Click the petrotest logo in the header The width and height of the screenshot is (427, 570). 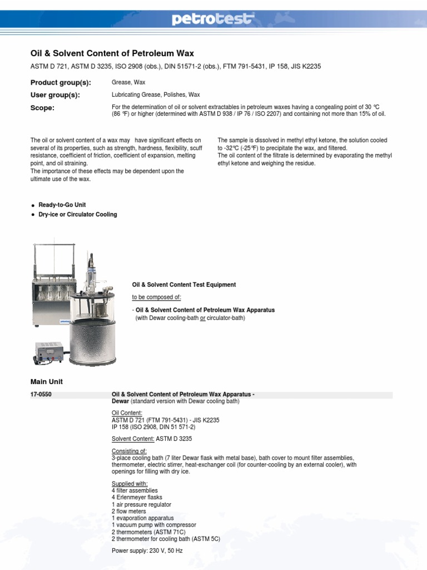(x=213, y=20)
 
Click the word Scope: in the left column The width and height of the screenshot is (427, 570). (x=42, y=108)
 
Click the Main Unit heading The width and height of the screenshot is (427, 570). (x=46, y=382)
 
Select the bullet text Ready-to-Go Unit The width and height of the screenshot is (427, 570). (x=62, y=205)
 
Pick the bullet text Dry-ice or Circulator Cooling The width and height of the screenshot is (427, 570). (x=77, y=215)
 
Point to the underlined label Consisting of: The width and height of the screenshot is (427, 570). (x=129, y=451)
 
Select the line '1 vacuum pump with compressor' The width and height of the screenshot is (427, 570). (x=150, y=525)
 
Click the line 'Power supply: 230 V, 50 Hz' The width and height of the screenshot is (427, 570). (x=147, y=551)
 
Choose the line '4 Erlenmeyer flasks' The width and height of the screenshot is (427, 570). (x=136, y=498)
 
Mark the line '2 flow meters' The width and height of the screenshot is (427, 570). (x=128, y=511)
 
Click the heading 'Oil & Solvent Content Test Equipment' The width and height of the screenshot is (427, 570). (x=183, y=284)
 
